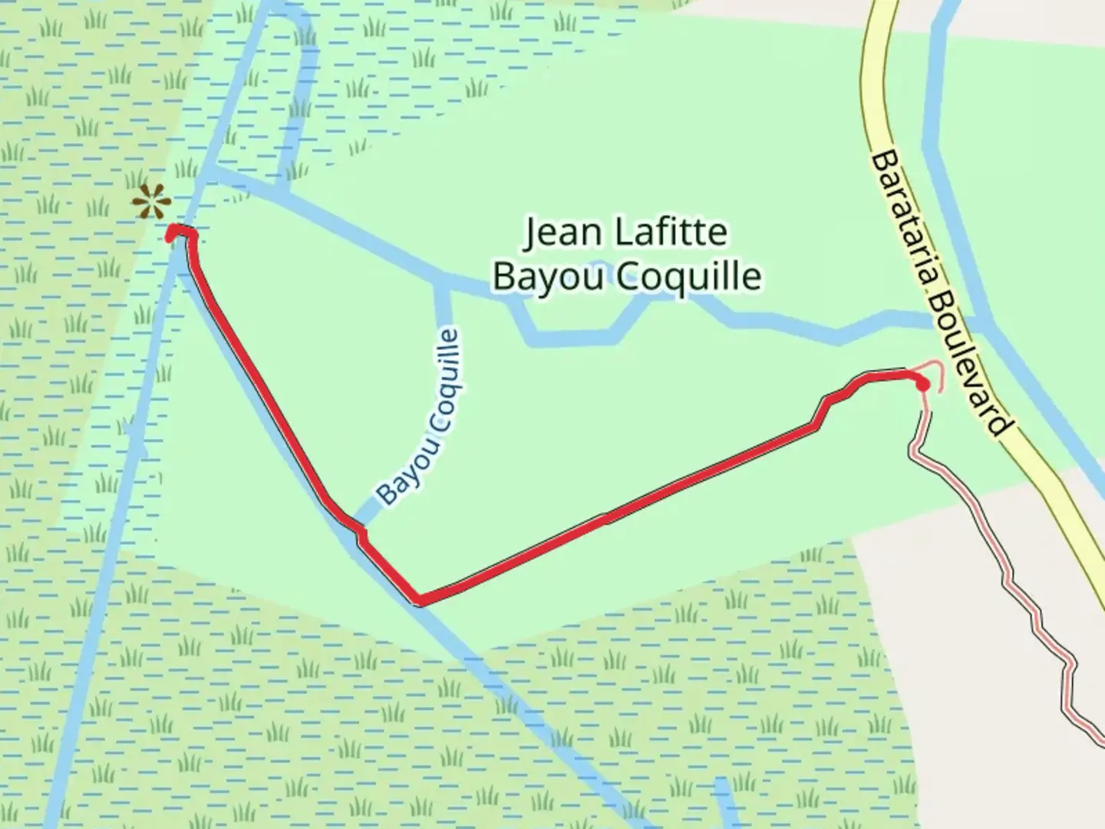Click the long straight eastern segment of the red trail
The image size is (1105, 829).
[x=614, y=517]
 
